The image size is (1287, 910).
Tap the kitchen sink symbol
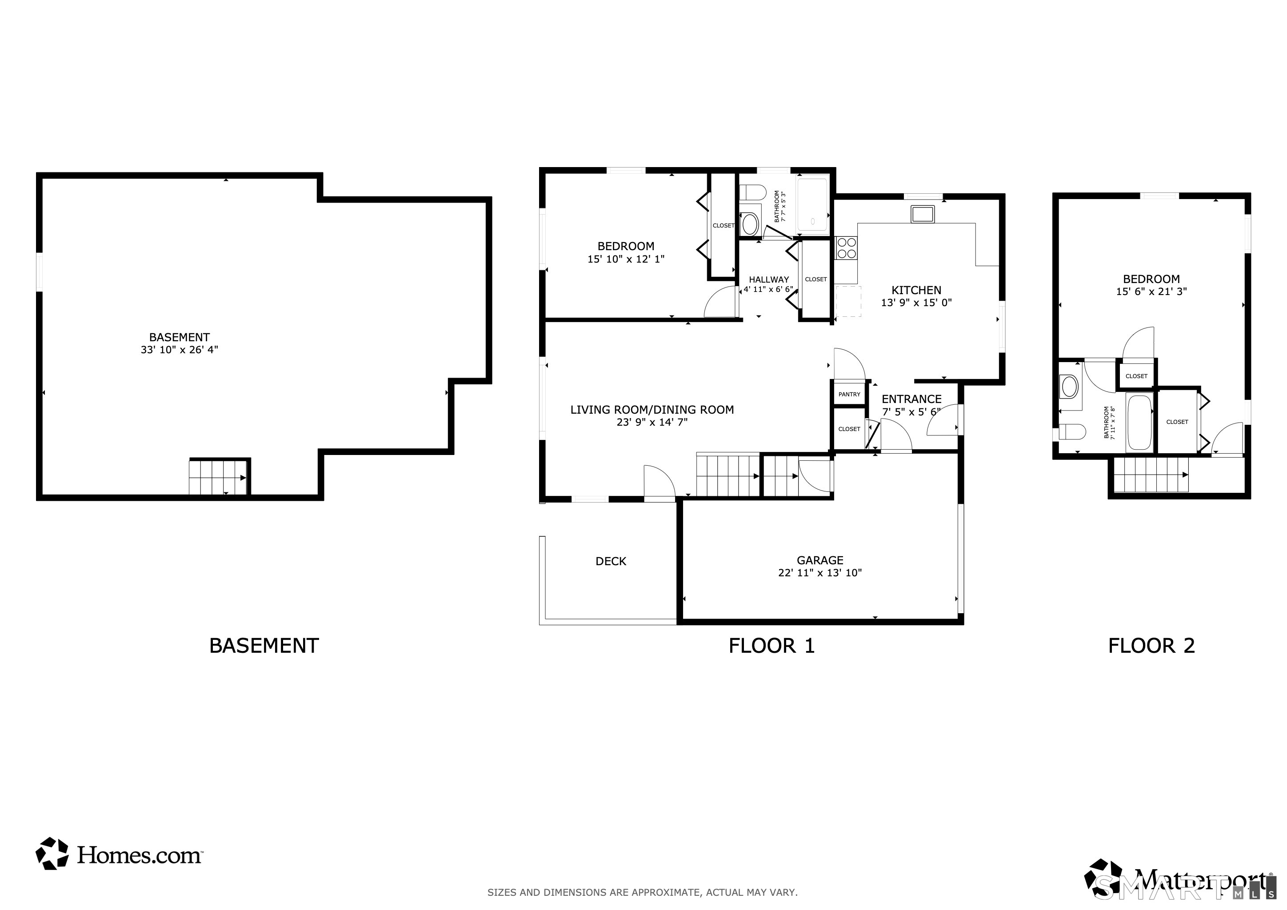(x=922, y=214)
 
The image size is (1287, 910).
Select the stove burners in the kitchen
(x=846, y=247)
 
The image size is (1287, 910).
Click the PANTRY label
(x=849, y=395)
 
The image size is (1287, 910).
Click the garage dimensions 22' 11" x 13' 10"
(x=819, y=573)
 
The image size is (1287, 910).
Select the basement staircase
(x=218, y=477)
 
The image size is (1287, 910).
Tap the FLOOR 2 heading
(x=1151, y=646)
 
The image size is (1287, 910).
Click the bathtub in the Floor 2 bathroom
(x=1139, y=423)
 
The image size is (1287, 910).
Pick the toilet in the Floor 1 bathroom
(x=752, y=193)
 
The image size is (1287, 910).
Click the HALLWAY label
(x=768, y=279)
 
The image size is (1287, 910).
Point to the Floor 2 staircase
(x=1150, y=475)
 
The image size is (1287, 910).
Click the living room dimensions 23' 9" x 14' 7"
(x=652, y=423)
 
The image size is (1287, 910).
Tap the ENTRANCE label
(x=911, y=399)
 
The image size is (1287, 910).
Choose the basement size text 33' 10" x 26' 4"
(x=180, y=350)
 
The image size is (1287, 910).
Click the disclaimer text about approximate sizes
(x=642, y=893)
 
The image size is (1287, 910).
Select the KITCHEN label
(x=916, y=290)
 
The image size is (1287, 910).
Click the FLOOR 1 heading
(x=771, y=646)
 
